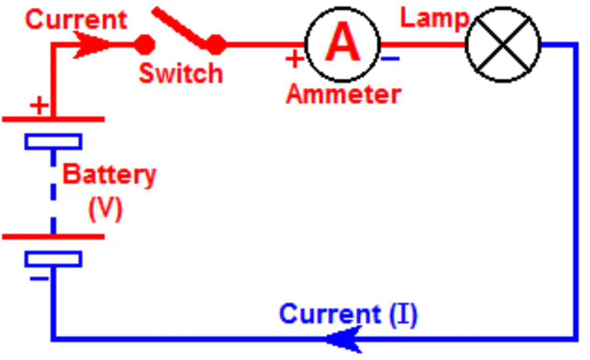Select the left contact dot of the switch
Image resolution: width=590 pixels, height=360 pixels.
coord(144,45)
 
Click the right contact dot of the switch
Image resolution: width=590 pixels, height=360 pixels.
coord(216,45)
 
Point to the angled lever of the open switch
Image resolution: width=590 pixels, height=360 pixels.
coord(180,28)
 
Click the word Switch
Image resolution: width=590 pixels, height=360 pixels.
coord(181,73)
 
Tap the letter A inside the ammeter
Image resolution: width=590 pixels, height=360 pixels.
coord(342,42)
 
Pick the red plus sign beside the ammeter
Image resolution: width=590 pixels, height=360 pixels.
coord(295,59)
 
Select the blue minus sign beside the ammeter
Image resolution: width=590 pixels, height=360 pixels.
coord(391,58)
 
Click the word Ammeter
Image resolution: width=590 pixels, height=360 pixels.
coord(344,94)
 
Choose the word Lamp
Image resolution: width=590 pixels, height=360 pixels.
coord(435,19)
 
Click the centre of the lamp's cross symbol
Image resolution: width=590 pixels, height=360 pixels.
coord(504,45)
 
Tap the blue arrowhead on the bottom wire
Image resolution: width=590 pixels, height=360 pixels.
coord(344,339)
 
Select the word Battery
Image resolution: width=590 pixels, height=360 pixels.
coord(109,175)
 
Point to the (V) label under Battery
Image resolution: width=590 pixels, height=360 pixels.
coord(106,209)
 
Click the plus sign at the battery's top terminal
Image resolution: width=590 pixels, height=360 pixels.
coord(39,105)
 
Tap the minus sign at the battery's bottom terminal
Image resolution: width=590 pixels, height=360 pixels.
coord(39,279)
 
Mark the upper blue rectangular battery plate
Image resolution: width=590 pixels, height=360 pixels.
coord(53,142)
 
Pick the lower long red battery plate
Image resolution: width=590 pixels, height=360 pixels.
coord(53,237)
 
